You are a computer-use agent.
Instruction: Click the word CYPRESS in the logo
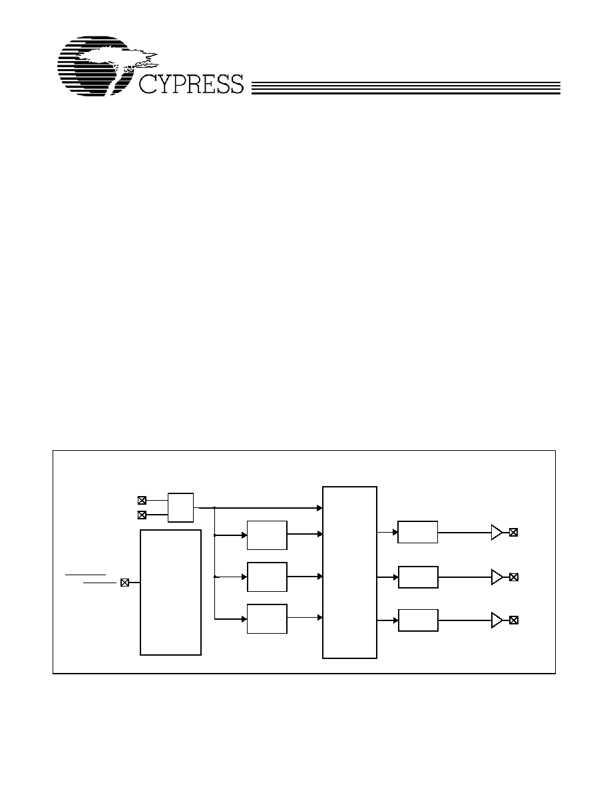(191, 84)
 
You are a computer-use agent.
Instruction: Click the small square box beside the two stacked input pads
(180, 507)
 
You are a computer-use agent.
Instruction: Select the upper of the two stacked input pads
(142, 500)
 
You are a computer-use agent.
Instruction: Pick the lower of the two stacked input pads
(142, 515)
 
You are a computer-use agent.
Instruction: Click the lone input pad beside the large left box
(125, 583)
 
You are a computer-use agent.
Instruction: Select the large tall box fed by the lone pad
(170, 592)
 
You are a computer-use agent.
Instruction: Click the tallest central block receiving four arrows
(349, 573)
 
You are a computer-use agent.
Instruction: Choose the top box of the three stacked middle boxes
(267, 535)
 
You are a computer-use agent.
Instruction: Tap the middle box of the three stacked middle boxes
(267, 577)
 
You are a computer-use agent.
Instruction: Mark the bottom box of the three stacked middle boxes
(267, 618)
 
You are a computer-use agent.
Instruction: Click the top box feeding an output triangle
(417, 532)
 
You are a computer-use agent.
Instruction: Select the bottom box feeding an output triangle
(418, 620)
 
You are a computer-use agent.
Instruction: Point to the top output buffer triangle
(497, 532)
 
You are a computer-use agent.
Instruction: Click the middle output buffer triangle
(497, 577)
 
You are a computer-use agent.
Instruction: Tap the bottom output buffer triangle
(497, 620)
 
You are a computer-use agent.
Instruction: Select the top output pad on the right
(513, 532)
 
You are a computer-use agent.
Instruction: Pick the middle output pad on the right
(514, 577)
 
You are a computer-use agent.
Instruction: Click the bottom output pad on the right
(514, 620)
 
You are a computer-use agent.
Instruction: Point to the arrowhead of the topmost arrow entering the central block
(319, 508)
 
